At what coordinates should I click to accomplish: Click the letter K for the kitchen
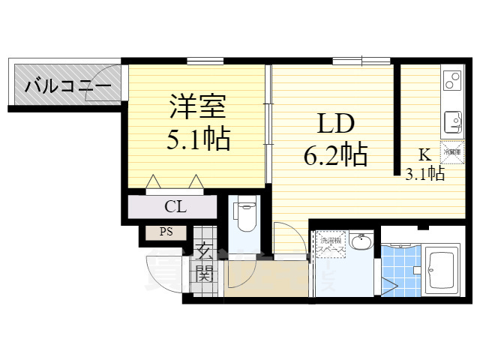point(424,156)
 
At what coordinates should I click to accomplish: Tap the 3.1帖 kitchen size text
point(424,175)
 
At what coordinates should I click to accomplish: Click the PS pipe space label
point(166,232)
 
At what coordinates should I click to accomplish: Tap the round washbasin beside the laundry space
point(361,241)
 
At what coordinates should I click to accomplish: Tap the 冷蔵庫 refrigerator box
point(451,152)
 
